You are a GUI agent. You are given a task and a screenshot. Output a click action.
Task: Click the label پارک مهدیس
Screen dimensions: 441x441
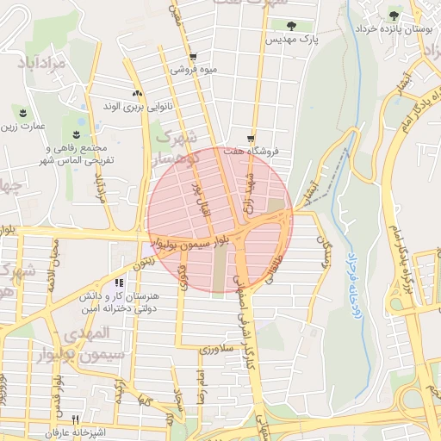point(291,40)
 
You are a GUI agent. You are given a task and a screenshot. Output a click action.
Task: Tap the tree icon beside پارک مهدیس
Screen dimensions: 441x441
point(292,25)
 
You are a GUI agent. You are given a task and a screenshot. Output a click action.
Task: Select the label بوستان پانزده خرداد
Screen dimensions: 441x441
point(395,29)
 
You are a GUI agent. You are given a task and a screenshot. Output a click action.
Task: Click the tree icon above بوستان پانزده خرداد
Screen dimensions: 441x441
point(394,15)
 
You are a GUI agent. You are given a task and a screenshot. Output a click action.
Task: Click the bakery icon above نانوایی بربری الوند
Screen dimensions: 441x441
point(136,93)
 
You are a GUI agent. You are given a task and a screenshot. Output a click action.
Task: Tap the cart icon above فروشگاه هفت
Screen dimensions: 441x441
point(251,137)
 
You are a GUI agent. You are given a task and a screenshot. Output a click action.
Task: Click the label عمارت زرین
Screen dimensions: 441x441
point(21,127)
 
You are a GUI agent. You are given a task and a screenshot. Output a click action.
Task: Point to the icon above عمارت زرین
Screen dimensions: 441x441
point(22,112)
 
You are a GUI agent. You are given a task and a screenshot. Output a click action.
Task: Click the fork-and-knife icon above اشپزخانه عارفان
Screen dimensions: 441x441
point(75,419)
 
